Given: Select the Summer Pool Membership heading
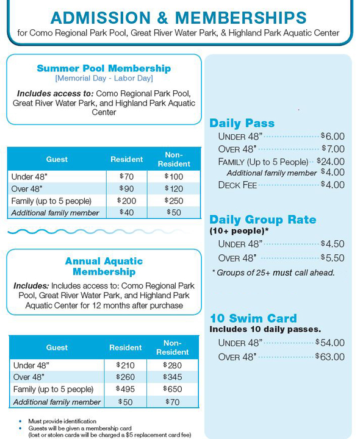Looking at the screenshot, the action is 104,68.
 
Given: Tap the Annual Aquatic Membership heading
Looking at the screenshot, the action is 104,266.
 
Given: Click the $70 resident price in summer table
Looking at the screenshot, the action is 126,177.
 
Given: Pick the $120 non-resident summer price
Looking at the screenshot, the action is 173,189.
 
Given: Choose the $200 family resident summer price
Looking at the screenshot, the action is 126,201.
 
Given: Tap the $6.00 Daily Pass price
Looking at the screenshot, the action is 333,137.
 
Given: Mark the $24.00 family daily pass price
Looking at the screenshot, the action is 331,162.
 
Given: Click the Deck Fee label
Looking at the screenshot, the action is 237,185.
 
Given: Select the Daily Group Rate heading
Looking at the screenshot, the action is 262,220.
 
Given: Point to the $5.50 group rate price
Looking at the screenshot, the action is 333,258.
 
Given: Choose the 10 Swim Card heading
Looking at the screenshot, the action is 253,318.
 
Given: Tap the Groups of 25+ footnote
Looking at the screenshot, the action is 273,273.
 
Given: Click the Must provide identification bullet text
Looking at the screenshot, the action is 62,421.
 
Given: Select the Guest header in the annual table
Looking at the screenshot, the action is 57,348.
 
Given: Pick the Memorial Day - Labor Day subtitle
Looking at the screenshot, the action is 104,79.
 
